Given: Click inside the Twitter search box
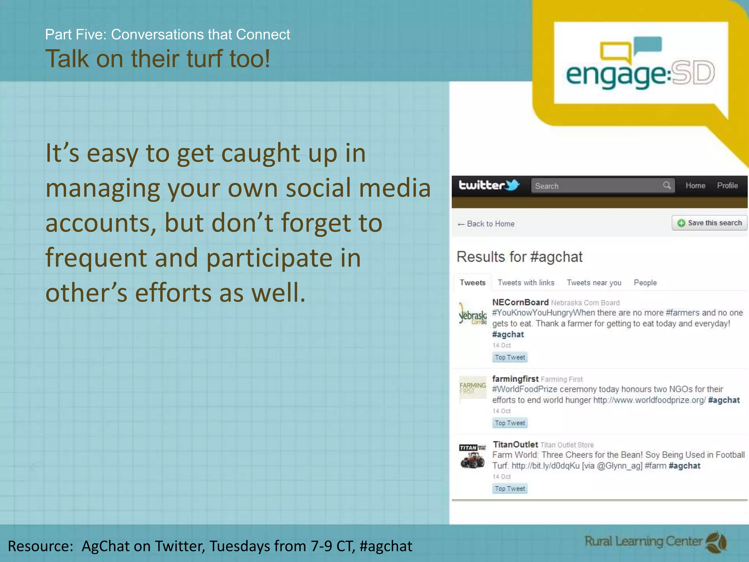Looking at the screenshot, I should pyautogui.click(x=596, y=186).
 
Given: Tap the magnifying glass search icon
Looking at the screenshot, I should pyautogui.click(x=667, y=185).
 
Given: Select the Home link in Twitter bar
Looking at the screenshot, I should pyautogui.click(x=695, y=186).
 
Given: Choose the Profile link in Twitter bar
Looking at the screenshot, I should pyautogui.click(x=727, y=186).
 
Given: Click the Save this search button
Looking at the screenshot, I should pyautogui.click(x=710, y=223).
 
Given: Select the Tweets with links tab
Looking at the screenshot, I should pyautogui.click(x=526, y=282).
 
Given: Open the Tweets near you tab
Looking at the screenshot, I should pyautogui.click(x=594, y=282).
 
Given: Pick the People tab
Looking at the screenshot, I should pyautogui.click(x=645, y=282).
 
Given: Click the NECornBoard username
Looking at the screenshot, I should pyautogui.click(x=520, y=302).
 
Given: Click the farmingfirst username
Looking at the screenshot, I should pyautogui.click(x=515, y=379).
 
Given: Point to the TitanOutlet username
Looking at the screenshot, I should pyautogui.click(x=515, y=445).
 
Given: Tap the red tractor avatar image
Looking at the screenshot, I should pyautogui.click(x=473, y=460).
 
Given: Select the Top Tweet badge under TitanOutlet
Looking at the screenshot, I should pyautogui.click(x=510, y=488).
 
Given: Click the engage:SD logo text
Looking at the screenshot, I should pyautogui.click(x=640, y=73).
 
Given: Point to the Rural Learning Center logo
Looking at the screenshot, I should pyautogui.click(x=655, y=542).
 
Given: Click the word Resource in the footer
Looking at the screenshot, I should pyautogui.click(x=40, y=546).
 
